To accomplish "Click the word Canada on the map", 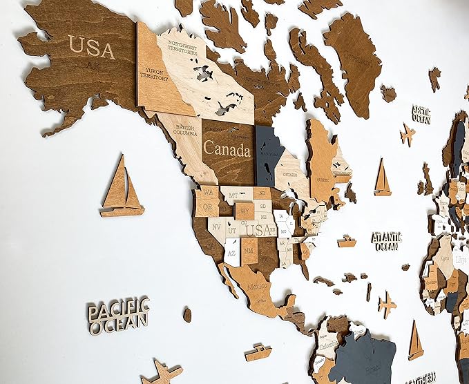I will (x=227, y=148).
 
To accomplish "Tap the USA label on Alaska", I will (x=91, y=47).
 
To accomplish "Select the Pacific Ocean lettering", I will (x=118, y=314).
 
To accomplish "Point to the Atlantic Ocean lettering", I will (x=386, y=240).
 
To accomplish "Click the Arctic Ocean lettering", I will (x=421, y=114).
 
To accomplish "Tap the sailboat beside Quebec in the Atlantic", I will (x=382, y=177).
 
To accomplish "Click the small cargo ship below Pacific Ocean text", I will (x=258, y=352).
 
